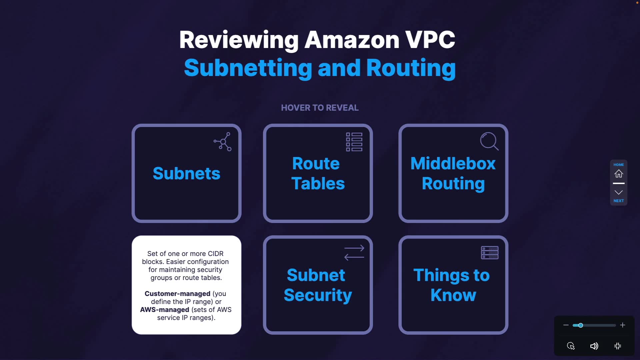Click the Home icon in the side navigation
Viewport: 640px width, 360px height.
pos(619,174)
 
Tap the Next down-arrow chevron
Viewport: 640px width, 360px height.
pos(619,192)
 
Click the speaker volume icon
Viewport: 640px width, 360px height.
pos(594,346)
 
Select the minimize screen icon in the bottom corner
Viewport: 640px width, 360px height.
pos(618,346)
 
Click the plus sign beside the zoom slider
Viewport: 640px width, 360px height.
pos(622,325)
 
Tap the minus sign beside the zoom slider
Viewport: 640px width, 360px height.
pos(566,325)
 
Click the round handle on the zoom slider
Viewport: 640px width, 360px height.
pos(581,325)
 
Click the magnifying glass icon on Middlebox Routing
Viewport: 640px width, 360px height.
pos(489,141)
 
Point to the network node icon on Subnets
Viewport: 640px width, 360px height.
pos(222,142)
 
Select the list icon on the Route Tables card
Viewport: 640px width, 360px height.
pos(354,142)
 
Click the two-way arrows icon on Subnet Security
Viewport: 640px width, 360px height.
pos(354,253)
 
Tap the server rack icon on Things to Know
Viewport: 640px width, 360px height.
pos(490,253)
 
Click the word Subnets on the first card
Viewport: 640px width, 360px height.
pos(186,173)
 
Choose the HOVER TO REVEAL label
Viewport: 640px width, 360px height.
pos(320,108)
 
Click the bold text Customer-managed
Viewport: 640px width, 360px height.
pos(177,294)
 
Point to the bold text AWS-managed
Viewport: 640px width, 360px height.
pos(165,310)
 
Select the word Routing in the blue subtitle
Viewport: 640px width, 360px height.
pos(411,68)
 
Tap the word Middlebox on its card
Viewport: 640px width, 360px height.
pos(453,163)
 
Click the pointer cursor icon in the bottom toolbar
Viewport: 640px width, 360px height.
pos(571,346)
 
